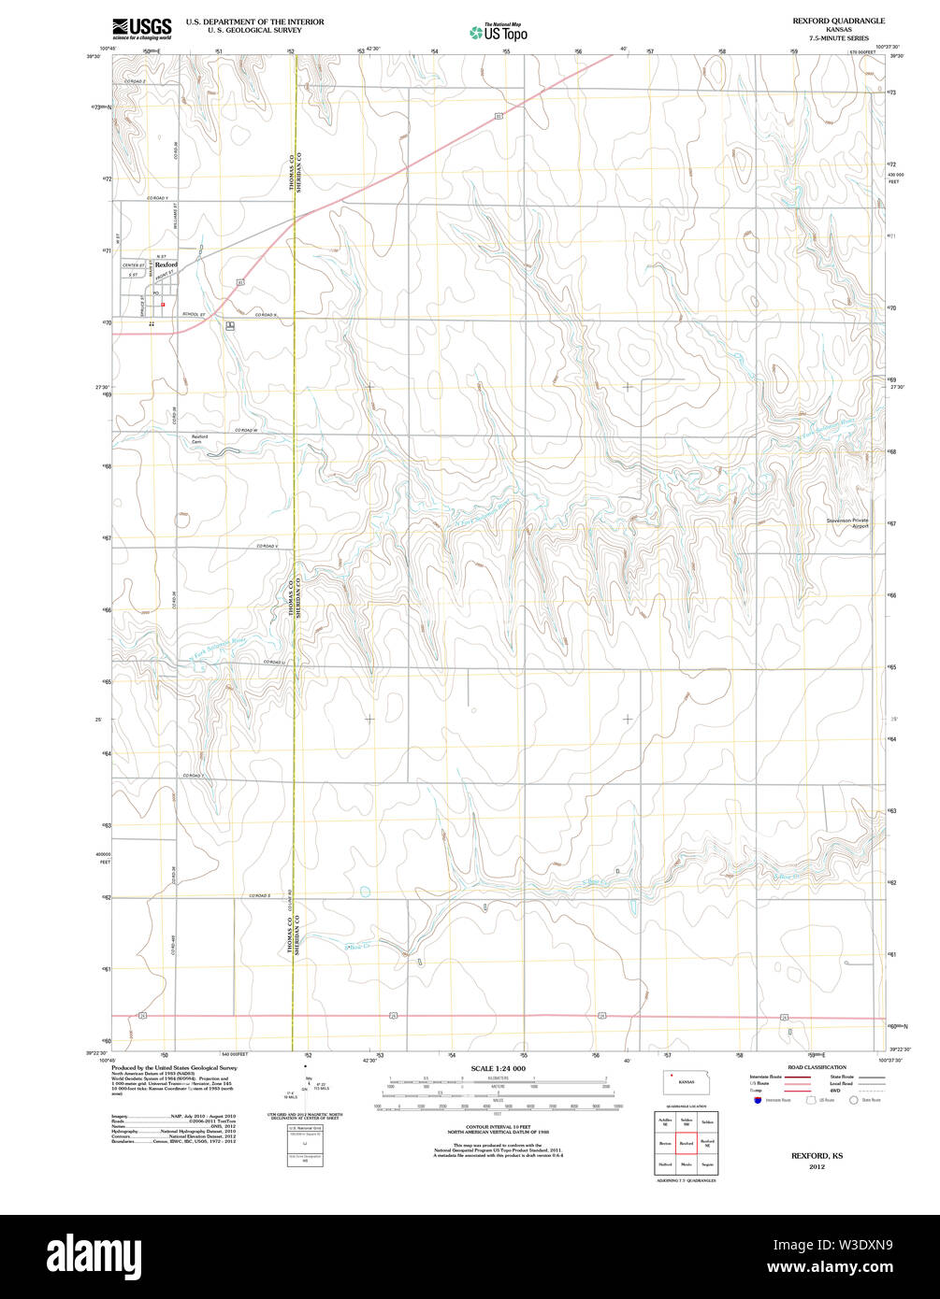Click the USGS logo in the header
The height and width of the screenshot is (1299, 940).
141,27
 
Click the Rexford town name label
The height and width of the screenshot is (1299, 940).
166,265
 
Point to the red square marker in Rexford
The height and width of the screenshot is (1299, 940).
162,304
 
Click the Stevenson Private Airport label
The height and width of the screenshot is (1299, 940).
847,522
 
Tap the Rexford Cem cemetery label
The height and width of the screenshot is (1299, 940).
199,438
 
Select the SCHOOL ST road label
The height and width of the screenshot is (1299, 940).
194,314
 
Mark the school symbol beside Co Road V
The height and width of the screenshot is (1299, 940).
230,325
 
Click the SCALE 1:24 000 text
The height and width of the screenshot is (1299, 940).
498,1068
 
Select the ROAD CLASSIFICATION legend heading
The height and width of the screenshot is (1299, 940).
817,1067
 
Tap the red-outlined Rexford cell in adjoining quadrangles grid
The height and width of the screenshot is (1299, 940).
686,1142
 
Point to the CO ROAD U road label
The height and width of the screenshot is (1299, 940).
273,662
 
